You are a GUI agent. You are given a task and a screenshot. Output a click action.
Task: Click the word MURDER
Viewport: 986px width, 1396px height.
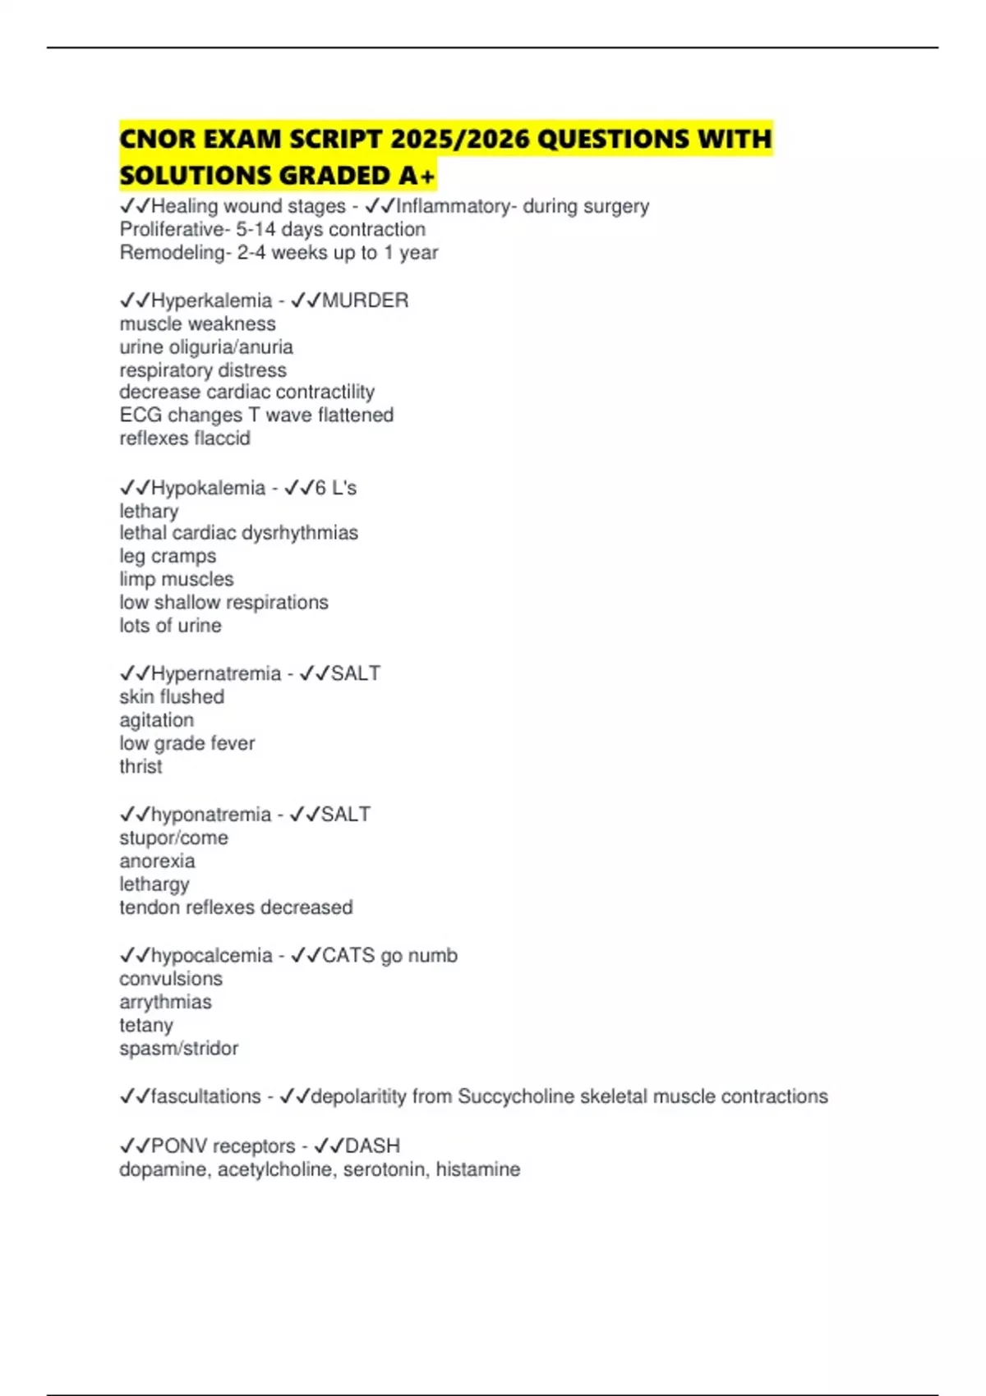pos(365,301)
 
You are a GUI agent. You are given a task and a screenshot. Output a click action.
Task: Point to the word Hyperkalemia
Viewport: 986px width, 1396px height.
pos(211,301)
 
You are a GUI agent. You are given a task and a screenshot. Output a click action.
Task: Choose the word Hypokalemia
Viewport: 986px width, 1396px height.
pos(208,488)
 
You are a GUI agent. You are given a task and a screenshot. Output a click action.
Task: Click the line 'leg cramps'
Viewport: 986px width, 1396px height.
pos(168,556)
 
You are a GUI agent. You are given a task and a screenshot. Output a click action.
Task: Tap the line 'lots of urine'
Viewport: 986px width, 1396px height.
pos(170,626)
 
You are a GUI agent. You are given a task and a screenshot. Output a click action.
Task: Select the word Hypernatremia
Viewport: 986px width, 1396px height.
pos(216,673)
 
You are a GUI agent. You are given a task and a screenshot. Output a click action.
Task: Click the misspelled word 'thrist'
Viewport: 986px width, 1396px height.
pos(141,766)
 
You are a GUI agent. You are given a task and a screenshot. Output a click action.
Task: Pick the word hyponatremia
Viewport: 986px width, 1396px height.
pos(211,815)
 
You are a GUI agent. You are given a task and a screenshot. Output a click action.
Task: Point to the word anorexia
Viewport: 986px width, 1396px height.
pos(157,861)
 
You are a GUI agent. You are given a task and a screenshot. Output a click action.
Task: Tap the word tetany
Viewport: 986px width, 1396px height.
pos(146,1026)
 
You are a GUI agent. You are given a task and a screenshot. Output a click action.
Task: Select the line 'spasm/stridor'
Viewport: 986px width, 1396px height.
pos(178,1049)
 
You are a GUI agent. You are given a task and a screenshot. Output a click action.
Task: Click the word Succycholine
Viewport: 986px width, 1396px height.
pos(517,1097)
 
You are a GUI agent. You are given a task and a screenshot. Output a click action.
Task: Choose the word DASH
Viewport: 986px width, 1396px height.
pos(372,1146)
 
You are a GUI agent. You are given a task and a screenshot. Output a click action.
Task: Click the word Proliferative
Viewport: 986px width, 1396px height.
pos(172,230)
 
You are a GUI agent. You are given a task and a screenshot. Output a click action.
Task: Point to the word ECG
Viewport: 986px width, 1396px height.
pos(140,416)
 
